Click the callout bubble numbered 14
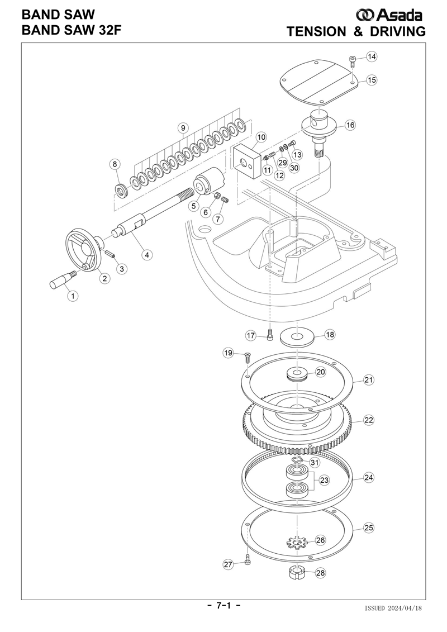[x=372, y=57]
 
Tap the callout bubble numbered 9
[x=183, y=128]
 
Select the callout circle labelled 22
[x=369, y=420]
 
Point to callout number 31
[x=315, y=463]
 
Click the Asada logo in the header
[x=389, y=15]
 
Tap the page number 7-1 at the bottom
[x=223, y=605]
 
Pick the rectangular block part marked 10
[x=246, y=163]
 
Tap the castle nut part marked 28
[x=296, y=573]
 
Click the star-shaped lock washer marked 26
[x=297, y=543]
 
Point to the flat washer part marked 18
[x=297, y=336]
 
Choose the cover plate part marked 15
[x=320, y=82]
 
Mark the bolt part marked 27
[x=248, y=559]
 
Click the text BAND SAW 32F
[x=72, y=30]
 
